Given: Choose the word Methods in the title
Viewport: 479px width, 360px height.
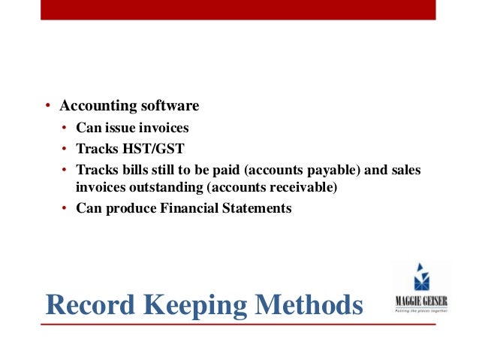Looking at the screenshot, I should point(312,305).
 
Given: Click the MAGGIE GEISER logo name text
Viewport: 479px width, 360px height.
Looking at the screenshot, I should point(421,304).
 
